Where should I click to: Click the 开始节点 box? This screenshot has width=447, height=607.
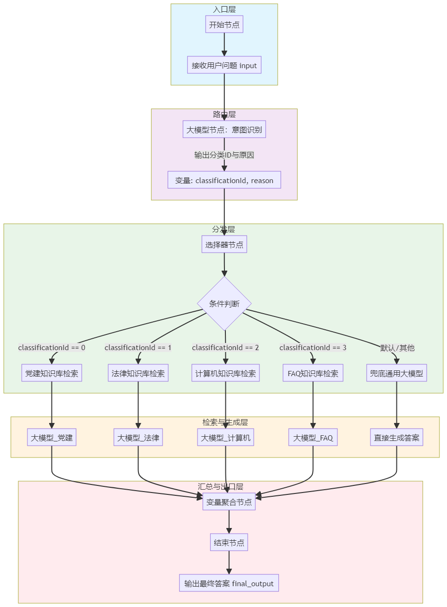click(224, 25)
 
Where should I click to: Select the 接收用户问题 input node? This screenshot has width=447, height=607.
click(224, 65)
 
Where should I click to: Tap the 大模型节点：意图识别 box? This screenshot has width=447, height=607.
click(224, 130)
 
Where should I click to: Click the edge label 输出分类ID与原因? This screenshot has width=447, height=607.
click(224, 155)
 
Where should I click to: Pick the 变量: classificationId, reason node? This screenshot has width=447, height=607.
click(224, 180)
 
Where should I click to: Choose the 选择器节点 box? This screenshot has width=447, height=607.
click(224, 245)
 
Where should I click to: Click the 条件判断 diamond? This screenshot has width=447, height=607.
click(224, 304)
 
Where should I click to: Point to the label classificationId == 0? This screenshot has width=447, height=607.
click(52, 348)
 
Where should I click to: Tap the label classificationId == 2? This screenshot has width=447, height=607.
click(225, 348)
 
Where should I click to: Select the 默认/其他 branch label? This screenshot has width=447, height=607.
click(397, 348)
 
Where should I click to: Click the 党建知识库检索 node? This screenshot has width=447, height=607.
click(52, 373)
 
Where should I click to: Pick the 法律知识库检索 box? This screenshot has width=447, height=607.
click(138, 373)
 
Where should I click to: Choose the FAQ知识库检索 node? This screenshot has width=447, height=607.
click(313, 373)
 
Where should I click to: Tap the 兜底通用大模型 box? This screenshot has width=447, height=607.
click(397, 373)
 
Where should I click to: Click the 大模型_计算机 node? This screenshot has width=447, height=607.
click(225, 438)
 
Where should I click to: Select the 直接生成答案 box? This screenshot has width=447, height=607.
click(397, 438)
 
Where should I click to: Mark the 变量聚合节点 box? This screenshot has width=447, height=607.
click(229, 501)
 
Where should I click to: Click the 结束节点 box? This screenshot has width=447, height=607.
click(229, 542)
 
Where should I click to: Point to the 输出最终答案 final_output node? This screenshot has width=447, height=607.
click(229, 583)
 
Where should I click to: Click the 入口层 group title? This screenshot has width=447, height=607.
click(224, 9)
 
